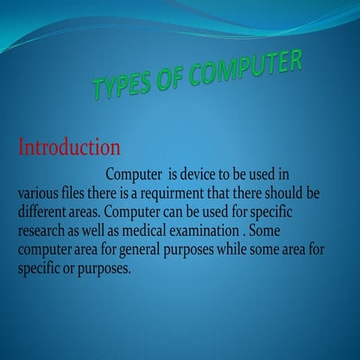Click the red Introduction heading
(x=68, y=145)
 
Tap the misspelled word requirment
(x=175, y=193)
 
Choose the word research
(x=45, y=231)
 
